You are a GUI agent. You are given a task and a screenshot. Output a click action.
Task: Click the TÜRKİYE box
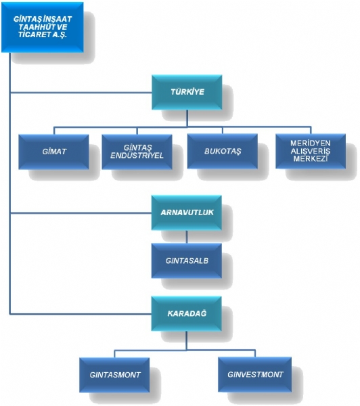coord(187,92)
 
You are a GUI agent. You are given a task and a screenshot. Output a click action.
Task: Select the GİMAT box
coord(54,152)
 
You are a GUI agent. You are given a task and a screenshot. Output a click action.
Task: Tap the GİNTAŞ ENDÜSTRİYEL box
coord(137,152)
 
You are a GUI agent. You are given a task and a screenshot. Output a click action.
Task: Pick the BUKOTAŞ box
coord(223,151)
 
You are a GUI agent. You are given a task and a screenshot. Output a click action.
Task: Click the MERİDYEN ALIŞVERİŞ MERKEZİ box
coord(311,151)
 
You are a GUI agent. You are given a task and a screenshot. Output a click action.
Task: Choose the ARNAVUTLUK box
coord(187,213)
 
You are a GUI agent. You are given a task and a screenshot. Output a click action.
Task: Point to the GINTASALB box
coord(187,261)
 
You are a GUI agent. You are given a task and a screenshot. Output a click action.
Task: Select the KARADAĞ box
coord(187,313)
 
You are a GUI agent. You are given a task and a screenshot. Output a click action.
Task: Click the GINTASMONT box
coord(114,375)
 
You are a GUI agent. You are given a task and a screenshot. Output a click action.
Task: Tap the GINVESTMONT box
coord(255,374)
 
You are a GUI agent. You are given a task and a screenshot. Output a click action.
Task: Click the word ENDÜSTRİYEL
coord(137,156)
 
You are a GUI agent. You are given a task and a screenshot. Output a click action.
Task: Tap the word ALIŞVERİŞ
coord(311,151)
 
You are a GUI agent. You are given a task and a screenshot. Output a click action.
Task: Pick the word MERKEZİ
coord(311,159)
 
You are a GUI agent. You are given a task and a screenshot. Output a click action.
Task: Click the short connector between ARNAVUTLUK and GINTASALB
coord(187,237)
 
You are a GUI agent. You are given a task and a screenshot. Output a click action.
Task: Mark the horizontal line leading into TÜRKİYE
coord(81,93)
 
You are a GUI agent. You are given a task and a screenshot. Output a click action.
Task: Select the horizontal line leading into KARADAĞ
coord(81,314)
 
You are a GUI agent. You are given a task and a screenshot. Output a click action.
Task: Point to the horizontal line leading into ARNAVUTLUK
coord(81,213)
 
